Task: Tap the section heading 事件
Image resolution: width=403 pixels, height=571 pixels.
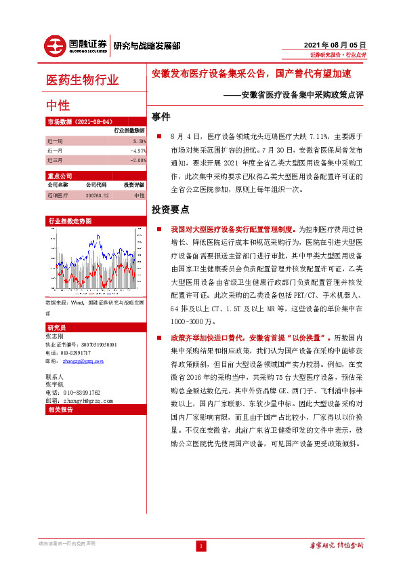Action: point(161,116)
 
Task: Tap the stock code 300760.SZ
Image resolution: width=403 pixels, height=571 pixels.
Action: point(96,195)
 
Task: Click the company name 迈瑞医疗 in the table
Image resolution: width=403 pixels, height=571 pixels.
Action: point(58,195)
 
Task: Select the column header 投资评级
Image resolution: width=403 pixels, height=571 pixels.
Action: point(133,184)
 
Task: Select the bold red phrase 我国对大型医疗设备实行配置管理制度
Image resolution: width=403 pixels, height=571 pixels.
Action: point(230,230)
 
